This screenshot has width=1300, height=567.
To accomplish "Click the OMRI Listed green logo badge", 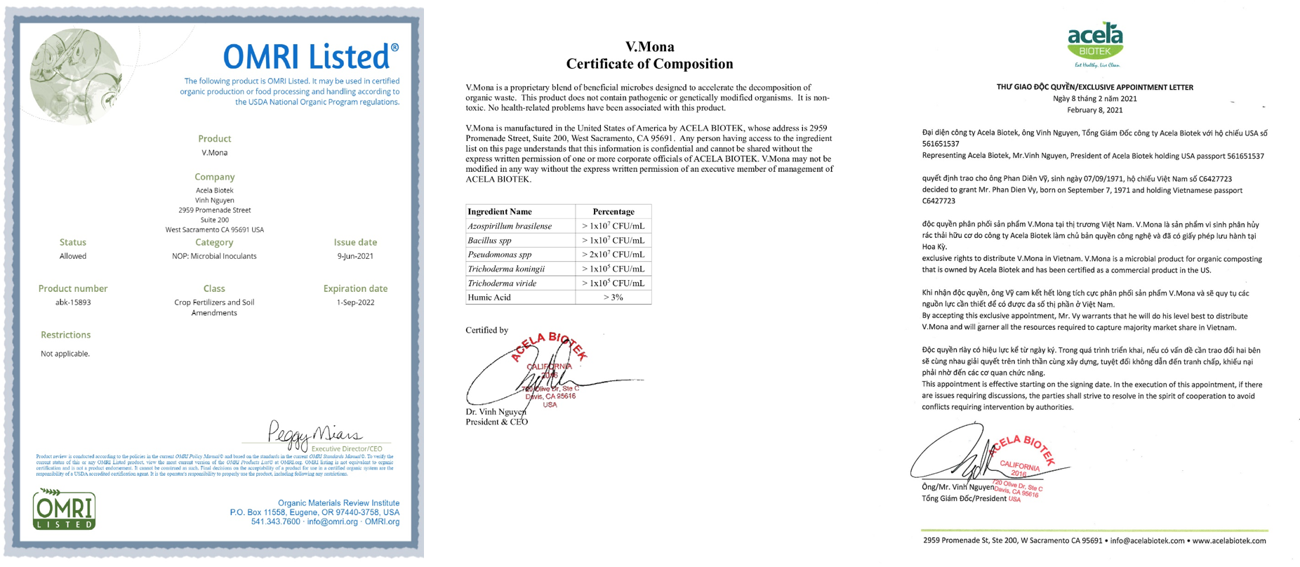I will click(64, 509).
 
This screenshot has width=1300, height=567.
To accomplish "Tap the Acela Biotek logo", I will click(1094, 43).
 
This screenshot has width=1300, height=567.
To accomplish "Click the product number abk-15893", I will click(73, 302).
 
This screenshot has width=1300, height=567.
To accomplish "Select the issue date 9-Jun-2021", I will click(355, 256).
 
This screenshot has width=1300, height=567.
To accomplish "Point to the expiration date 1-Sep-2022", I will click(355, 302).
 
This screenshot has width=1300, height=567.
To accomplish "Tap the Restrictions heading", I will click(65, 335).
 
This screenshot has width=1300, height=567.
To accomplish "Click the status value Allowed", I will click(73, 256).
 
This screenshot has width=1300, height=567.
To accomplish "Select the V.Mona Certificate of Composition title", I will click(649, 55).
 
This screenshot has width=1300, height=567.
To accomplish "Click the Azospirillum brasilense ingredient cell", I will click(510, 226).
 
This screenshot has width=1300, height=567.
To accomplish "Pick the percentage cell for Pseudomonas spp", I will click(613, 255).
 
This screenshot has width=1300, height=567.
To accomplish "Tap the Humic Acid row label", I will click(489, 298).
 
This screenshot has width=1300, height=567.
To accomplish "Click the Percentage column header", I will click(613, 211).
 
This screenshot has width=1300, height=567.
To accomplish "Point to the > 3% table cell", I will click(613, 298).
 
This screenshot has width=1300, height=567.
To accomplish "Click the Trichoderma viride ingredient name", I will click(502, 283).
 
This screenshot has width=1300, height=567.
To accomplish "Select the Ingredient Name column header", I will click(500, 211).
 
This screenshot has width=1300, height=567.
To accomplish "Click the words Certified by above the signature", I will click(486, 330).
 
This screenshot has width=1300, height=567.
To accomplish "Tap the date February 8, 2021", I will click(1094, 110).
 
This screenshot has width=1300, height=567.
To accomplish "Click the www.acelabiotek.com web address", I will click(1229, 540).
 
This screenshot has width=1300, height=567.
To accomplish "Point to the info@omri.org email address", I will click(332, 521).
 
